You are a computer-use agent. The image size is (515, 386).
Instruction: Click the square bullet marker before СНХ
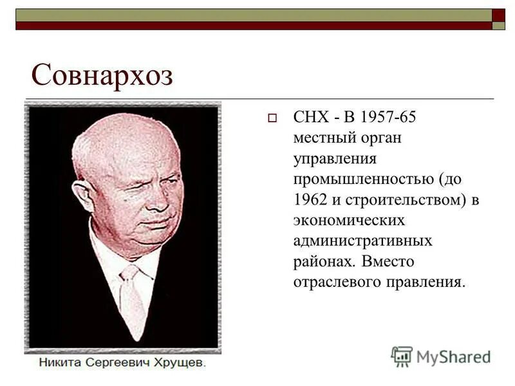[x=272, y=118]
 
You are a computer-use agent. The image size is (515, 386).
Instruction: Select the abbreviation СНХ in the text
[x=310, y=118]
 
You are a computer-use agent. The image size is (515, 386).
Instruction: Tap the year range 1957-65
[x=389, y=118]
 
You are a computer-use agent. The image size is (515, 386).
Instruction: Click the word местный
[x=319, y=138]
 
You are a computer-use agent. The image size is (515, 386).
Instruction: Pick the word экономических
[x=350, y=221]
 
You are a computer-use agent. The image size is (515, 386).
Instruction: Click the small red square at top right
[x=498, y=15]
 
